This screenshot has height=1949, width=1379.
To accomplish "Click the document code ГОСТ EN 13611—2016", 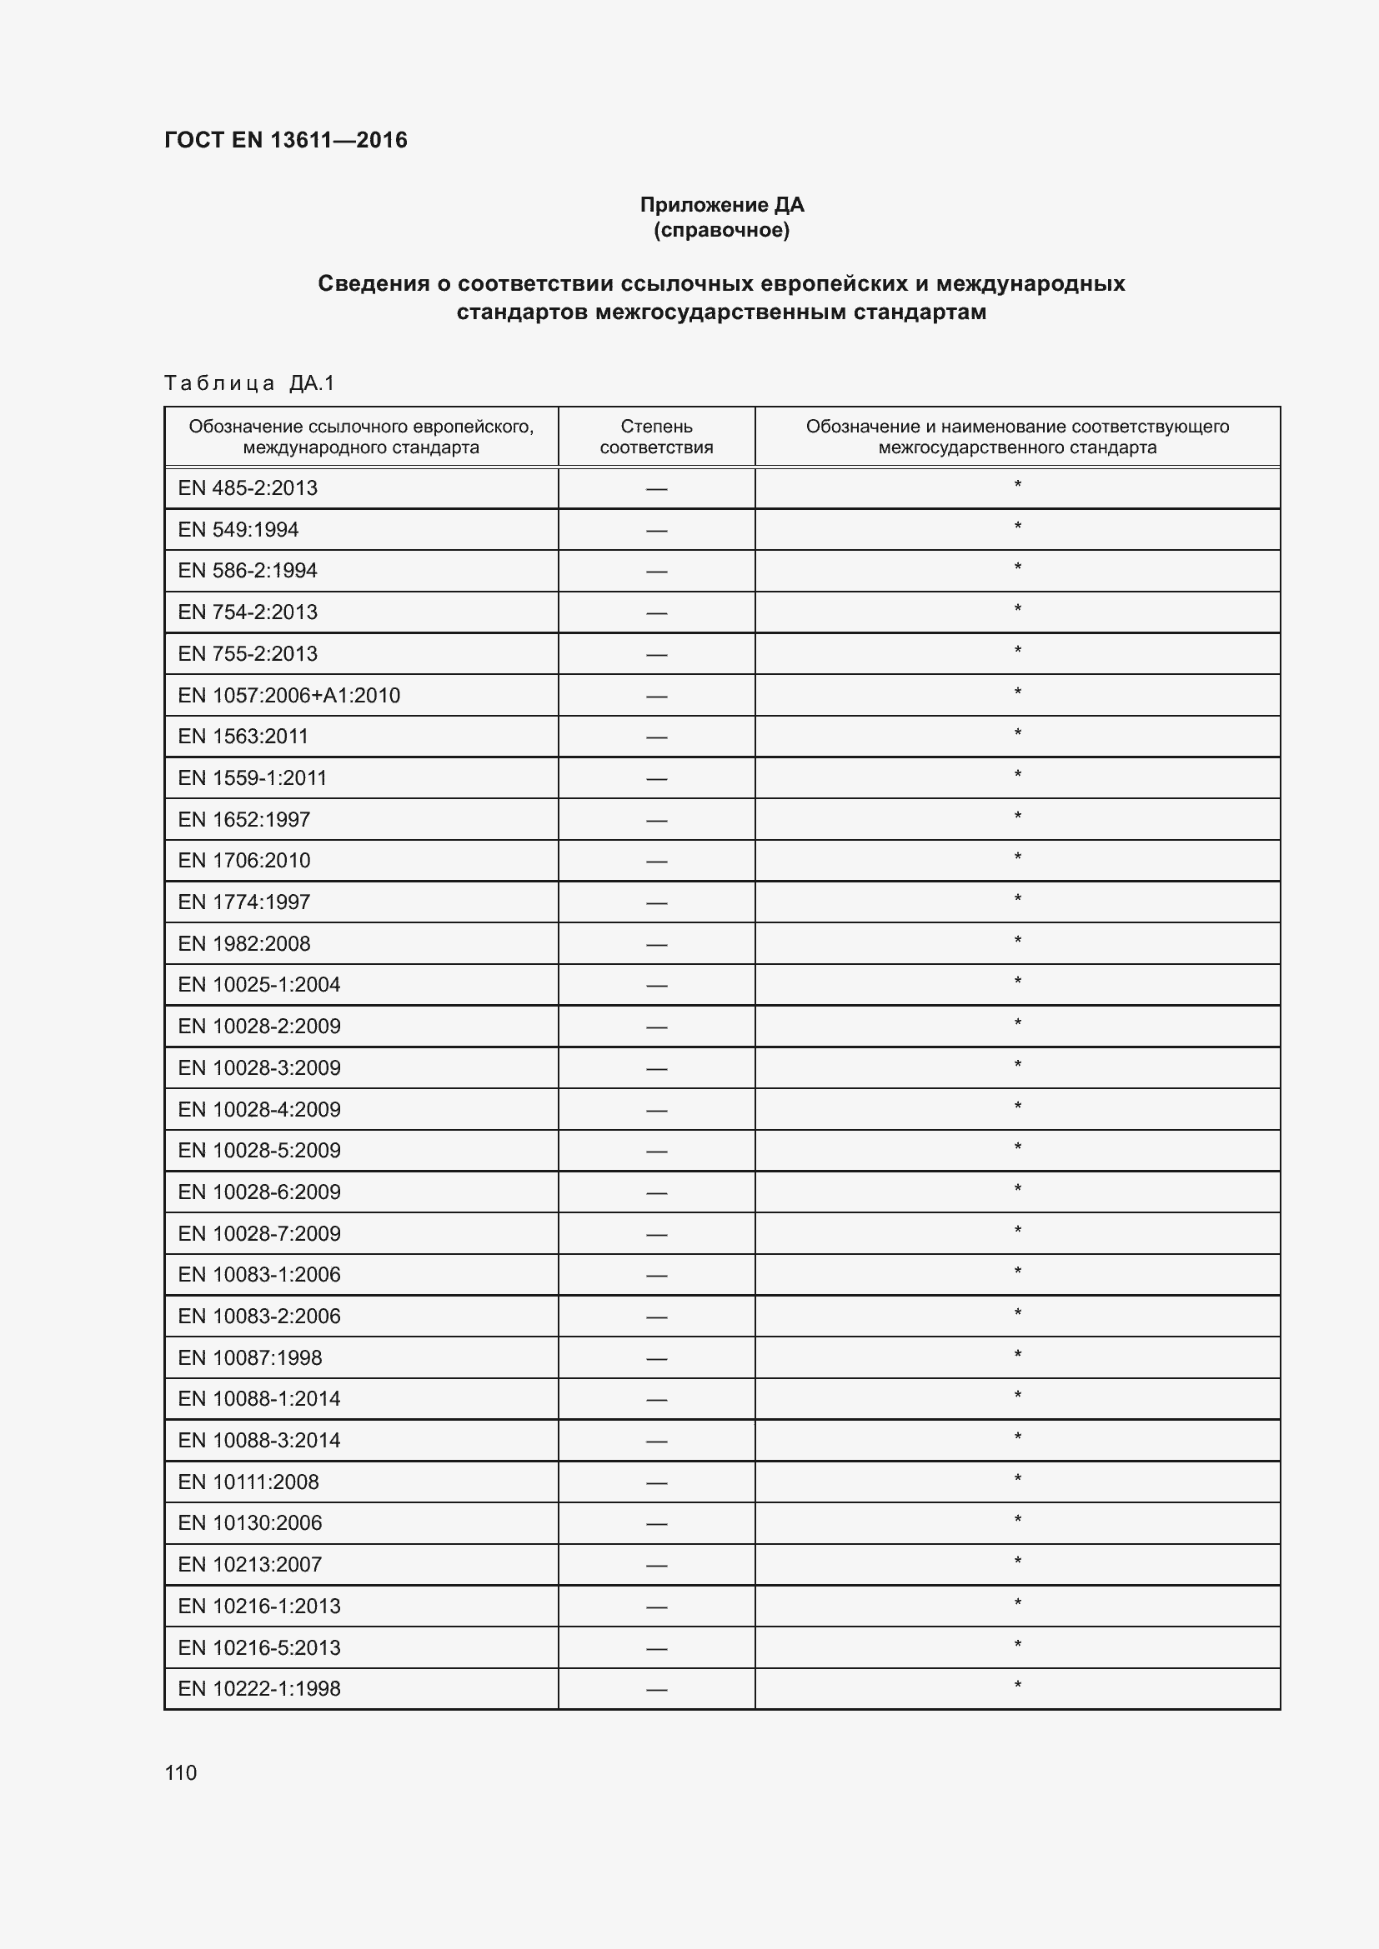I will [285, 140].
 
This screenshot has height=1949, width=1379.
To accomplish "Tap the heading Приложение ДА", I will [722, 205].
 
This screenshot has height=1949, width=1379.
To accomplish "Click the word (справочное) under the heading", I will [722, 230].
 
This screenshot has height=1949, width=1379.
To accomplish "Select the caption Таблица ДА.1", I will [249, 383].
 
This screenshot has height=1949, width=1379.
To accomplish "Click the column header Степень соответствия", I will [656, 437].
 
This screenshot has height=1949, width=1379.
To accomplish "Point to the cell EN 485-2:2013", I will [248, 488].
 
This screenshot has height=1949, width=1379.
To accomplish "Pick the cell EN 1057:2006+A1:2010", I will [288, 695].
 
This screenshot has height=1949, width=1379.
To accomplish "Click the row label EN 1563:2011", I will [243, 736].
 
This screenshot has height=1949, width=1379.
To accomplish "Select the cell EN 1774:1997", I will [244, 902].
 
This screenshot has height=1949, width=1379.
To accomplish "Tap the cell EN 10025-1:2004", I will [259, 985].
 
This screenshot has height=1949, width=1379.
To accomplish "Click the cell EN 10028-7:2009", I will [259, 1233].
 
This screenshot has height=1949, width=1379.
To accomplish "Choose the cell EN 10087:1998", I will [249, 1357].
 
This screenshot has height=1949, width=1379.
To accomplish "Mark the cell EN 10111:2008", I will [248, 1482].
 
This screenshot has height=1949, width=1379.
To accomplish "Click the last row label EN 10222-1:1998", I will [259, 1688].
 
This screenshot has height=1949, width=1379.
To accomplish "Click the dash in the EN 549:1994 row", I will [656, 531].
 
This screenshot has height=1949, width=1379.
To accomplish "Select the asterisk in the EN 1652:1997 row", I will [1017, 817].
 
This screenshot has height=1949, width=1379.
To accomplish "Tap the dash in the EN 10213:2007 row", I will [656, 1566].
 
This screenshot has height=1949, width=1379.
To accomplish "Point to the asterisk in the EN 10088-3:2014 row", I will [1017, 1438].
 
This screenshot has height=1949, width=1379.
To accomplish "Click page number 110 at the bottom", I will [180, 1772].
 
